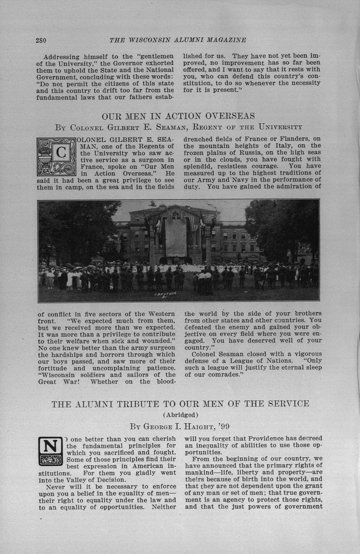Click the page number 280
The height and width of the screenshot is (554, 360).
point(41,40)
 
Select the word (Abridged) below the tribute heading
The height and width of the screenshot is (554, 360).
point(180,415)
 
